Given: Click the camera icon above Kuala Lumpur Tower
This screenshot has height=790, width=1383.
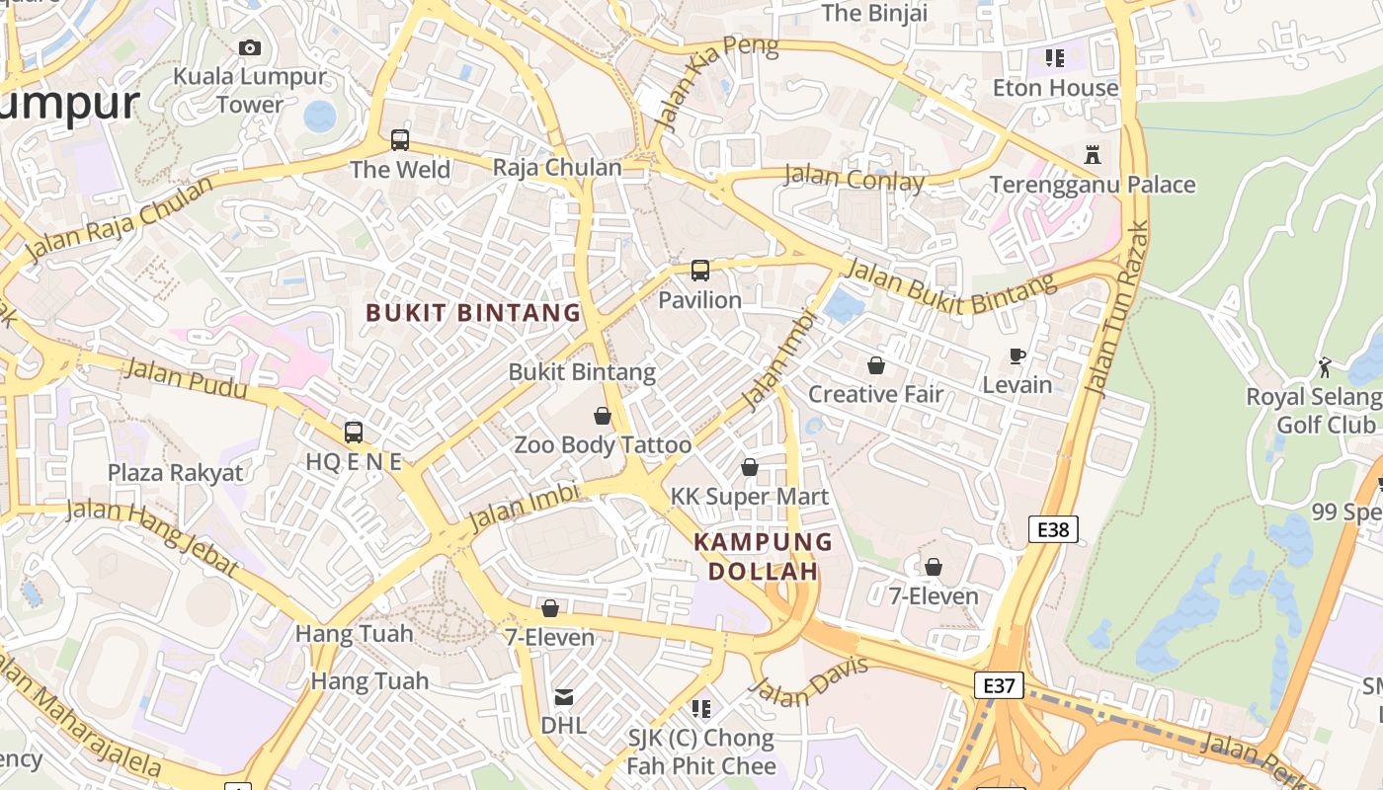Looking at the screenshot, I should click(249, 47).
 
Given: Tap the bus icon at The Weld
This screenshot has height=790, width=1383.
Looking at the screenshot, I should click(399, 140).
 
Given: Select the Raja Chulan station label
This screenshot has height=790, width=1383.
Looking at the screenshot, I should click(557, 167).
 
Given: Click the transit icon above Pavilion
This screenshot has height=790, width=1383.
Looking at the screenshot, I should click(699, 271).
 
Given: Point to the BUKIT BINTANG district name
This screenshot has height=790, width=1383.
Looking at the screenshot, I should click(473, 313).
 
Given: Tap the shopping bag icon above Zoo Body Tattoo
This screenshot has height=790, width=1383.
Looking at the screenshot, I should click(603, 416).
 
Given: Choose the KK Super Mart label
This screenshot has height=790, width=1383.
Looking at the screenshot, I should click(750, 496).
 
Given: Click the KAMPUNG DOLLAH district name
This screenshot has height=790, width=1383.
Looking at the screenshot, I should click(763, 556).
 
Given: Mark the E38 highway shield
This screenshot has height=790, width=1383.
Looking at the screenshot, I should click(1053, 529).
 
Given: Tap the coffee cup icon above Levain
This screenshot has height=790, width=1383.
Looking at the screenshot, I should click(1017, 356).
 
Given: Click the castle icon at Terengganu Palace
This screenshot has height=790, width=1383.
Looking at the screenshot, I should click(1092, 155).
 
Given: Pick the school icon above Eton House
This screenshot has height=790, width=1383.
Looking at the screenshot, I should click(1054, 58).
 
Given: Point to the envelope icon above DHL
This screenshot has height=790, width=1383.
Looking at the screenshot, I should click(563, 697).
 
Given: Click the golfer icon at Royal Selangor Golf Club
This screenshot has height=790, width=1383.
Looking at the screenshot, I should click(1325, 368).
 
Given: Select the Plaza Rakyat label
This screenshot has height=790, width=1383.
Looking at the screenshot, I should click(175, 472).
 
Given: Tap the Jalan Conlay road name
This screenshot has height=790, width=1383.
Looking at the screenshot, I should click(854, 179).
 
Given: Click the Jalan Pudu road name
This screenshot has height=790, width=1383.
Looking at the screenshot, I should click(187, 379).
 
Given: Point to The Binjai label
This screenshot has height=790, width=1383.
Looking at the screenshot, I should click(874, 13).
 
